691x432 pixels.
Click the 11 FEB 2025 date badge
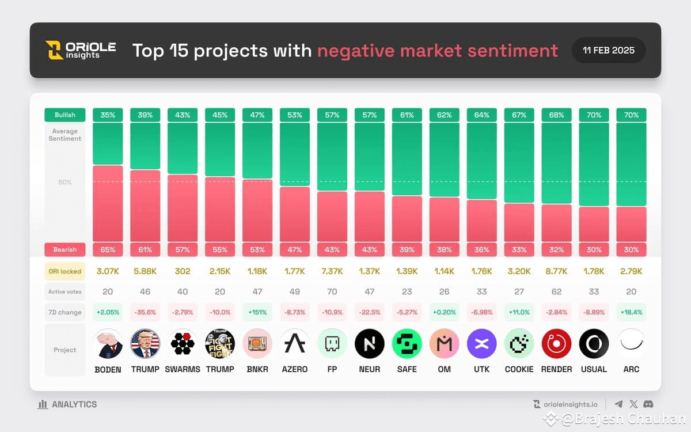tap(609, 50)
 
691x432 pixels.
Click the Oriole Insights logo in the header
tap(81, 50)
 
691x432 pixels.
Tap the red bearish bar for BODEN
tap(108, 203)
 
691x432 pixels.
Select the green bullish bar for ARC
tap(631, 164)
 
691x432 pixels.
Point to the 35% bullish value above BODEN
tap(108, 115)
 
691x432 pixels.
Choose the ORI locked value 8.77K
tap(556, 271)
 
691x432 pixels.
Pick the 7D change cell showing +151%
tap(257, 312)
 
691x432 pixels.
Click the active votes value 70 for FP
tap(332, 291)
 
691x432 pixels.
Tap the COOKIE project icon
tap(519, 344)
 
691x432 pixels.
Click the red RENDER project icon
tap(556, 344)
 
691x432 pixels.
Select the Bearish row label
tap(65, 249)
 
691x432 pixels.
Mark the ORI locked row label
tap(65, 271)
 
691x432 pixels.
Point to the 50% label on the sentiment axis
tap(65, 182)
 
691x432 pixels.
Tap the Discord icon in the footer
tap(648, 404)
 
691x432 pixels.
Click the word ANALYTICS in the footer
tap(74, 404)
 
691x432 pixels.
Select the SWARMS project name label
tap(183, 369)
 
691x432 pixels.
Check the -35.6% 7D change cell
tap(145, 312)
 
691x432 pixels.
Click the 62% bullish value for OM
tap(444, 115)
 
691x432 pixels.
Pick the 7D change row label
tap(65, 312)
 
